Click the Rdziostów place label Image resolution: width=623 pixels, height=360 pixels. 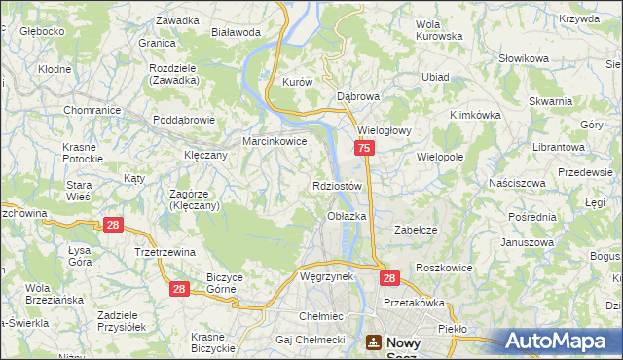(337, 185)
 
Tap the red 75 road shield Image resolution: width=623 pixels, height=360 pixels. (363, 148)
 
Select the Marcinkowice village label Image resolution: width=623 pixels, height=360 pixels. (275, 141)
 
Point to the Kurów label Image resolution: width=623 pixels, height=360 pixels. (296, 83)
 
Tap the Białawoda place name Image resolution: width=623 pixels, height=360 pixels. (236, 31)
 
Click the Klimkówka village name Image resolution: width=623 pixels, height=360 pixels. (473, 114)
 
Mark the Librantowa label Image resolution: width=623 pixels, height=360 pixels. (559, 146)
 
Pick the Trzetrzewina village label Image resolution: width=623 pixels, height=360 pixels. (165, 251)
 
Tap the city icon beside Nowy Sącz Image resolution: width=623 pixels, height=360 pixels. (375, 342)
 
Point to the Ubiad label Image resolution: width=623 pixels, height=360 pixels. (435, 77)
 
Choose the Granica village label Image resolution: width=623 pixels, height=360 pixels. (156, 44)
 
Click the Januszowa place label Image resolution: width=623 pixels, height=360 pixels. (527, 242)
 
